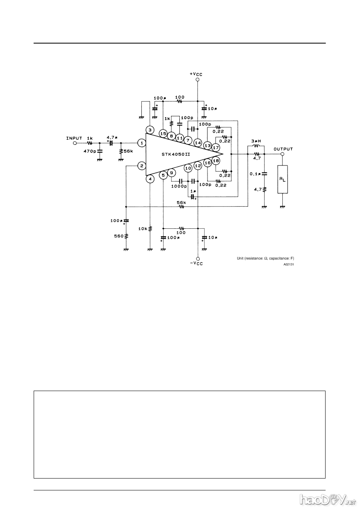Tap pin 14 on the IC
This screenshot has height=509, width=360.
tap(198, 142)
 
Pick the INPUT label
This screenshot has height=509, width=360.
tap(74, 138)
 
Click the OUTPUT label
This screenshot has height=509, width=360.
tap(283, 149)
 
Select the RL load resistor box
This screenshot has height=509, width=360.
tap(282, 179)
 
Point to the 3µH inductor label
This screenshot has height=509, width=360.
tap(256, 141)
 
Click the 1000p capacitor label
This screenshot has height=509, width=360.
tap(179, 186)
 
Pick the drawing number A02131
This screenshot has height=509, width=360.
tap(289, 265)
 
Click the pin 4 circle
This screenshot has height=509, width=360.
tap(150, 179)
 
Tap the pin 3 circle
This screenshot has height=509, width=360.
tap(150, 130)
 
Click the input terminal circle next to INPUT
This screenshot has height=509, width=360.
tap(75, 143)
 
